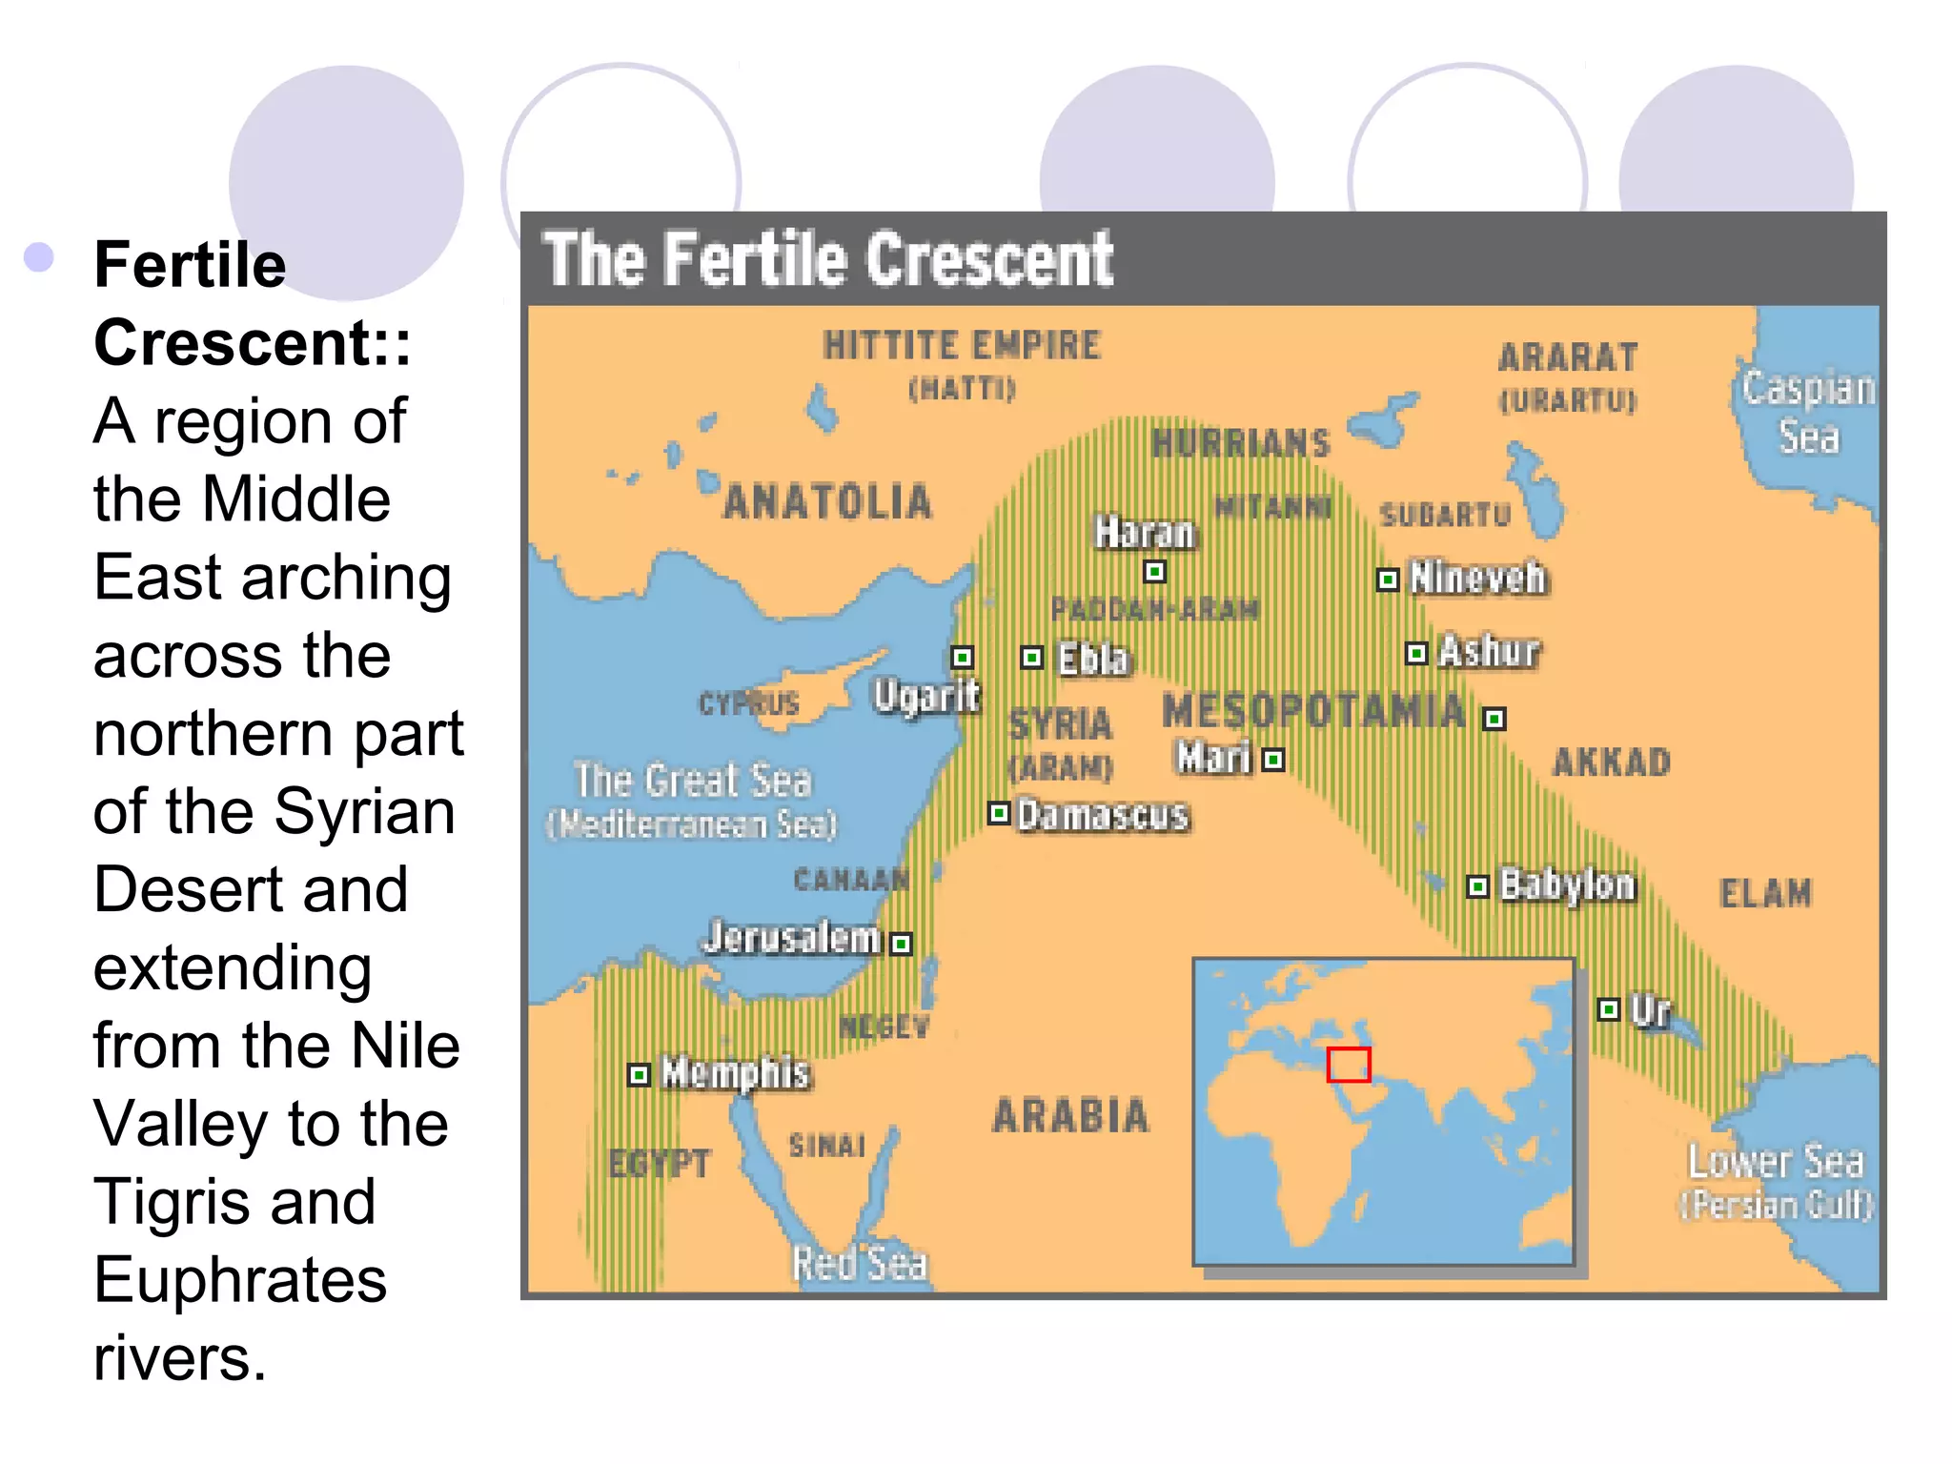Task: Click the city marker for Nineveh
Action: click(x=1388, y=579)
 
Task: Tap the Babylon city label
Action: click(x=1567, y=885)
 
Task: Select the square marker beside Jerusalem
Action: click(x=901, y=944)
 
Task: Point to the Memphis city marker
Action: click(x=639, y=1075)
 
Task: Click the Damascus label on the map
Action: click(x=1103, y=815)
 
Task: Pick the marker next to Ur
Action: click(x=1609, y=1009)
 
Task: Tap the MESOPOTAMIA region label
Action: click(x=1313, y=712)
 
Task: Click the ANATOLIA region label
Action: click(x=827, y=502)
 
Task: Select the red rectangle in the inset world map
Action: click(x=1349, y=1065)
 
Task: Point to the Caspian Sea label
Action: click(x=1807, y=412)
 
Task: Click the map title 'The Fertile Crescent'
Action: click(x=827, y=259)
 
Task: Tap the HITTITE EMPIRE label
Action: click(x=962, y=345)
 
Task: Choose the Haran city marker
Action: click(x=1154, y=572)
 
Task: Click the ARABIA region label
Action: click(x=1070, y=1116)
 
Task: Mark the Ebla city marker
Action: click(x=1031, y=658)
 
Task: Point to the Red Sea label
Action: click(x=860, y=1264)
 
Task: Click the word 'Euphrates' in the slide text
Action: click(x=240, y=1280)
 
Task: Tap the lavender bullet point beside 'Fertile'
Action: click(x=39, y=257)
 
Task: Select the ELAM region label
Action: click(x=1765, y=893)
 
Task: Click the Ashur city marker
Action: click(x=1416, y=653)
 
